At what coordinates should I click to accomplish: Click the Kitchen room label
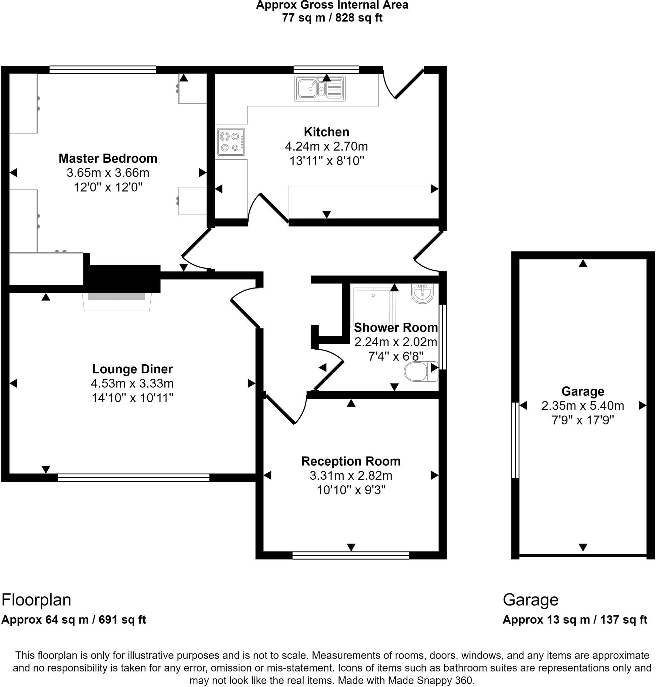click(x=326, y=132)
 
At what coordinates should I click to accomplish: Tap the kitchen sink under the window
click(x=319, y=89)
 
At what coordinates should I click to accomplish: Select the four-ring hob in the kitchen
click(x=231, y=142)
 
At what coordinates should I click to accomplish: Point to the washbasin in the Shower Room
click(x=422, y=293)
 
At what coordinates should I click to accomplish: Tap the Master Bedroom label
click(x=108, y=158)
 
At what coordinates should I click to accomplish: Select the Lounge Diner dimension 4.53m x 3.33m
click(x=132, y=383)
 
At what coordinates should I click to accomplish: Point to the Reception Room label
click(x=351, y=461)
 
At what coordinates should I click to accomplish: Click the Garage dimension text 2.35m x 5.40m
click(x=583, y=406)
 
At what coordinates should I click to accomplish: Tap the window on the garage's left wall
click(x=515, y=440)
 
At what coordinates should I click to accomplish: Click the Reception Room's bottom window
click(x=350, y=555)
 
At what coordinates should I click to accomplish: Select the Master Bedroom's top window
click(x=102, y=69)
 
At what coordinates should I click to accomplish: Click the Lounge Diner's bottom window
click(x=134, y=477)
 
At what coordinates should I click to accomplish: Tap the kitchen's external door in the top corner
click(x=404, y=82)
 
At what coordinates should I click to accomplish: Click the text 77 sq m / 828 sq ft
click(x=332, y=18)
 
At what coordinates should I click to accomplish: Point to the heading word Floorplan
click(x=36, y=600)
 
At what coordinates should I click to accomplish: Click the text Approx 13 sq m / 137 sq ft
click(x=574, y=620)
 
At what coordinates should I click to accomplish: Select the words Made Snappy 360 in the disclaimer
click(x=431, y=680)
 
